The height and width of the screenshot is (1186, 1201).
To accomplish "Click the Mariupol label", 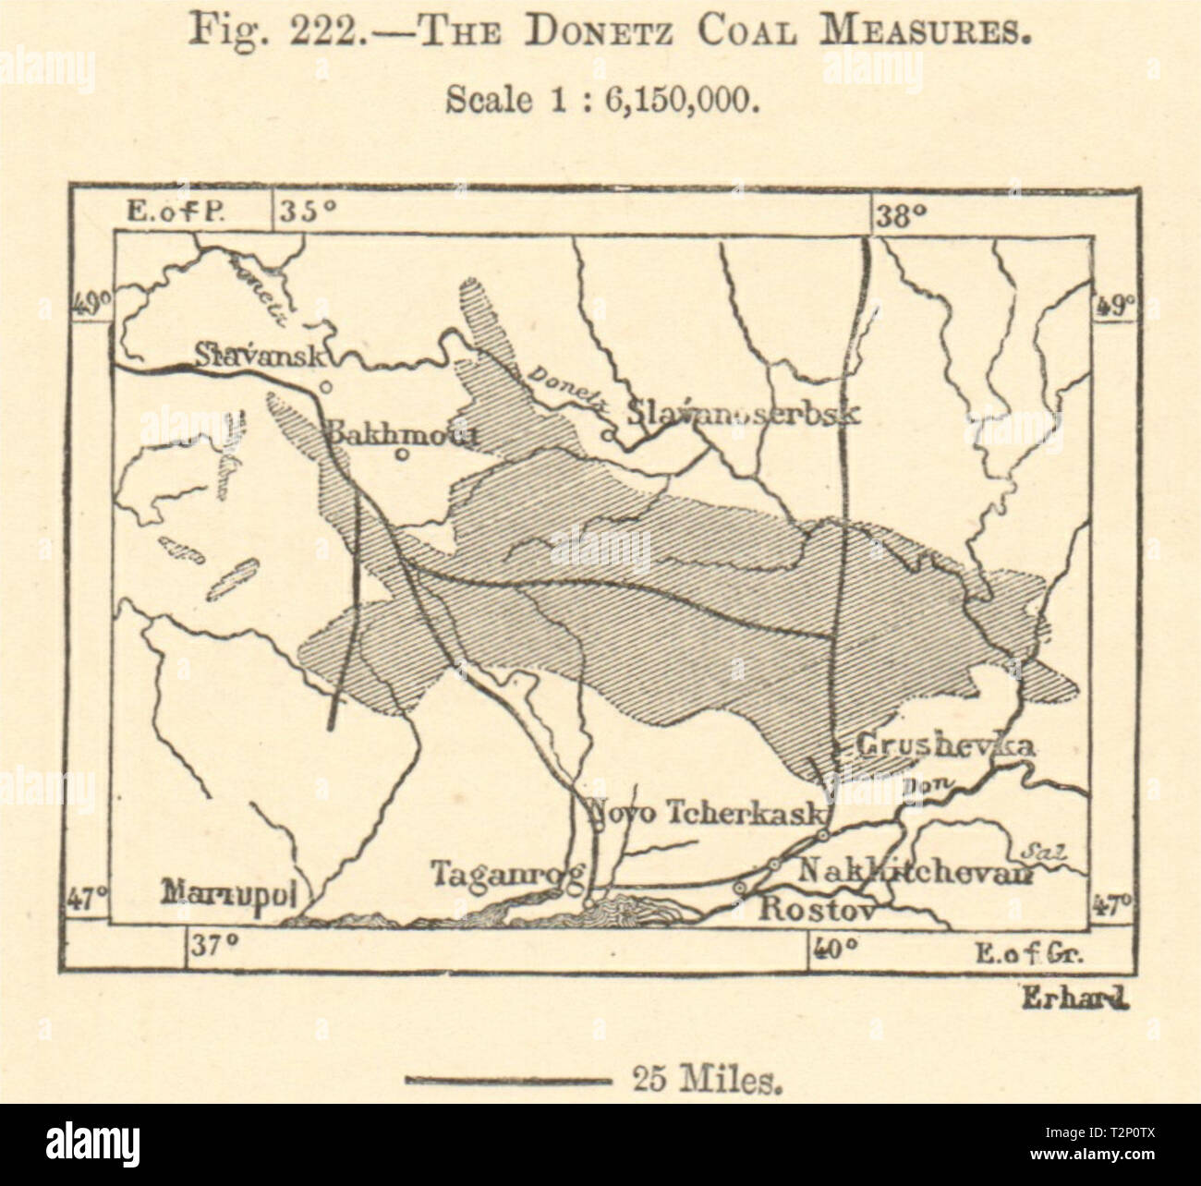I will click(x=236, y=895).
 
